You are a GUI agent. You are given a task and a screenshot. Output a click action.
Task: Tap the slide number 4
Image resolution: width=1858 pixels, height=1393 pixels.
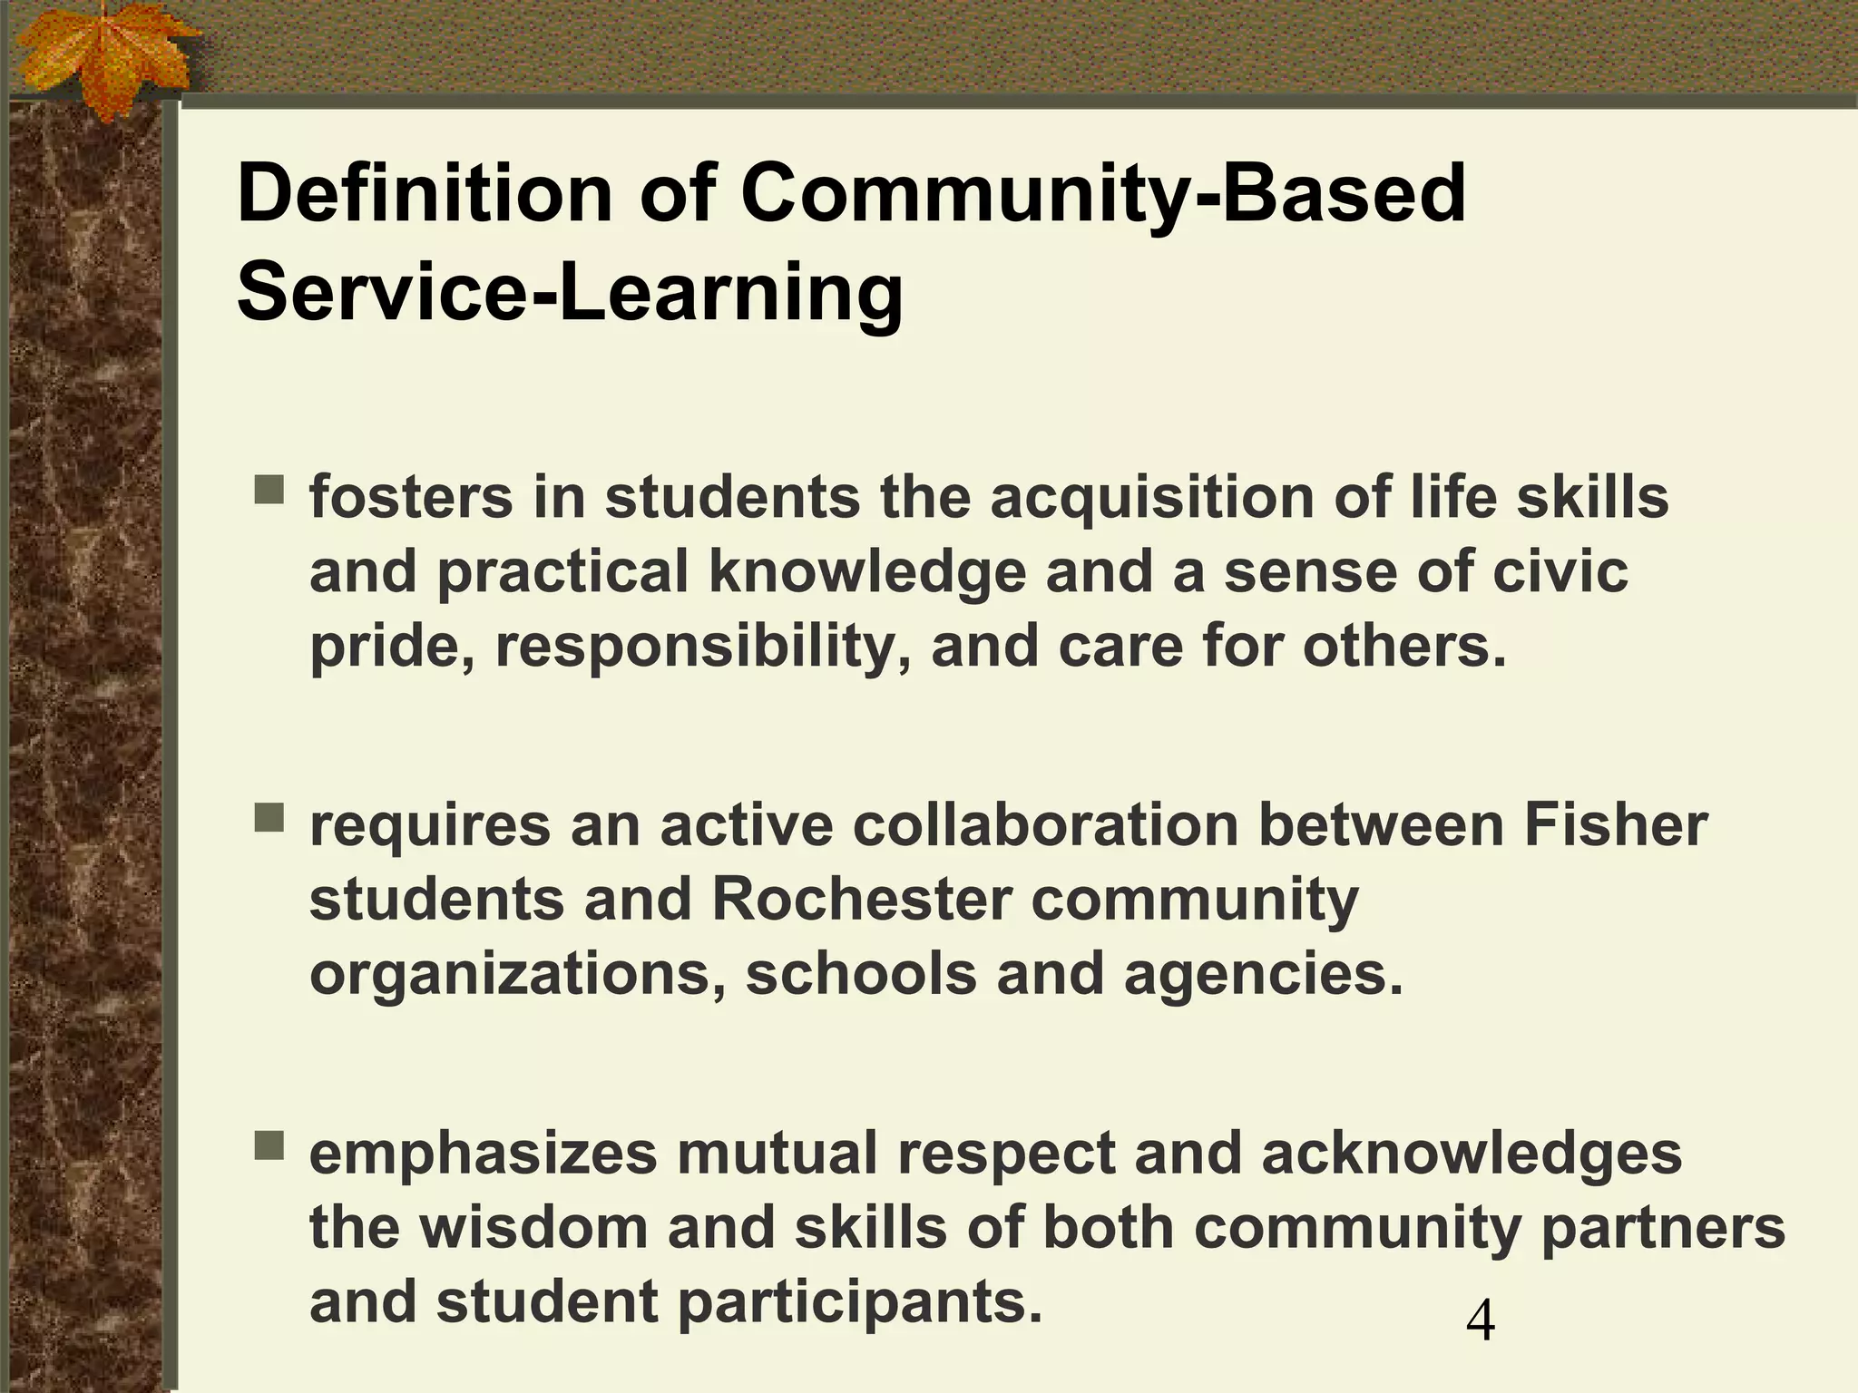(x=1480, y=1321)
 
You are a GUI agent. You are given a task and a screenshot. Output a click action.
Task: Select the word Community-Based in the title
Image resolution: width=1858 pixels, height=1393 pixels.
(x=1103, y=194)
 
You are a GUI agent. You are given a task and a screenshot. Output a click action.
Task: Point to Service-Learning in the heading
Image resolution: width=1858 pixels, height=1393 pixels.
(x=570, y=294)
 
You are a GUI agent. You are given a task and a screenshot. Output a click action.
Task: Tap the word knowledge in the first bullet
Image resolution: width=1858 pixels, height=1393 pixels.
(x=866, y=573)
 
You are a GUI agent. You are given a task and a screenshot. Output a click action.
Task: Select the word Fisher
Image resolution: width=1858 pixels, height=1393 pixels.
(x=1616, y=826)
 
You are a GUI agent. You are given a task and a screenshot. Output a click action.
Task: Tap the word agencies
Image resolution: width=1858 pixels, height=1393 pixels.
(x=1262, y=975)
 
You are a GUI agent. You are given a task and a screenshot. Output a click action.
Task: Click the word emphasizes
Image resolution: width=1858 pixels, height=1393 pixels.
(x=483, y=1155)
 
